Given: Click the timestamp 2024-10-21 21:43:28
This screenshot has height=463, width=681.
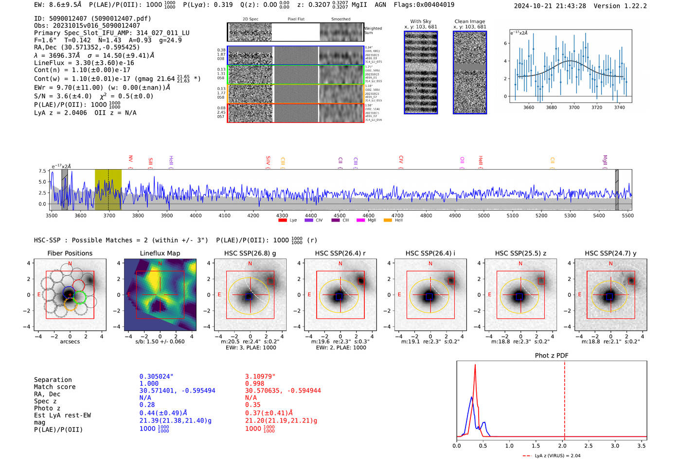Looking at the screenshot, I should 550,6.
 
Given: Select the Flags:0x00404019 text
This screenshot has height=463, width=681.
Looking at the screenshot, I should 424,5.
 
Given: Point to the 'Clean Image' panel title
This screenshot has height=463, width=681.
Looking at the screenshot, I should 469,21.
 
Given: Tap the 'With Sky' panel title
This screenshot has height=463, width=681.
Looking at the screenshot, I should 421,21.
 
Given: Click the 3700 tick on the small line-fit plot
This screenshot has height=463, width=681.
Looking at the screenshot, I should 574,107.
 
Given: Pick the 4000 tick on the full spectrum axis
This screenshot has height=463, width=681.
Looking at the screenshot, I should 196,215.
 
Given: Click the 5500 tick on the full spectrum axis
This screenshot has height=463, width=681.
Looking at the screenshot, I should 627,215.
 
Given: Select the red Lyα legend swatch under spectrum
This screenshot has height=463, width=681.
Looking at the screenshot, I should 282,221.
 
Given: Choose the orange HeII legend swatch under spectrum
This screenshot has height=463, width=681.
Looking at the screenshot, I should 388,221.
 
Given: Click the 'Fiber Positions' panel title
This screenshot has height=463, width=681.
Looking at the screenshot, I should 70,253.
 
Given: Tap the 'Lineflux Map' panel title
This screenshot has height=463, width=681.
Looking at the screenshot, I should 160,253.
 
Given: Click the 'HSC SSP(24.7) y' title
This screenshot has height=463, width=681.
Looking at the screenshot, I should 610,253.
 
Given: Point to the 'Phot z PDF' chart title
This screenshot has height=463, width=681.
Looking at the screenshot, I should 552,356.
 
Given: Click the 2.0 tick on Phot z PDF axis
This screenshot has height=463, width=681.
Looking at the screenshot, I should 562,446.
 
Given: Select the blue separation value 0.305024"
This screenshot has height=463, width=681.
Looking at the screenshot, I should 156,377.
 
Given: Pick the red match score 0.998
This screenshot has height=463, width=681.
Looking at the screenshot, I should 254,384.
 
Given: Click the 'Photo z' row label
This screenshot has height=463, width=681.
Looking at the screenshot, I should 47,408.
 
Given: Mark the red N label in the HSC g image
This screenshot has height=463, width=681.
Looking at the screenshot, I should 250,264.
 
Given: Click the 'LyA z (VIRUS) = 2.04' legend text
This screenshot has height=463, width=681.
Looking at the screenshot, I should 557,456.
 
